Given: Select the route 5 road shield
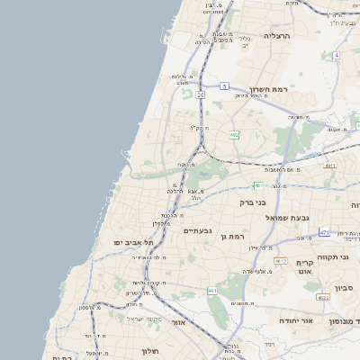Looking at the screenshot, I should pos(221,86).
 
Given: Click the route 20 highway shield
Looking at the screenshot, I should pos(200,94).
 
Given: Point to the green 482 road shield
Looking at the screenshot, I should pos(234,135).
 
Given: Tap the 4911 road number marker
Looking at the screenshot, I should pos(330,166).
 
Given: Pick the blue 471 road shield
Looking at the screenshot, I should pos(324,233).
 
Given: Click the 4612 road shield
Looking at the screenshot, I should pos(280,261).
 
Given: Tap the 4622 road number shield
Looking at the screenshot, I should pos(322,296).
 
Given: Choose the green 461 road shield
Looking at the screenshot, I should pos(212,291).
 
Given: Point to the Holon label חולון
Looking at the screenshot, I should pos(150,351).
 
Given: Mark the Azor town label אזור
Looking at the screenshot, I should pos(177,321).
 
